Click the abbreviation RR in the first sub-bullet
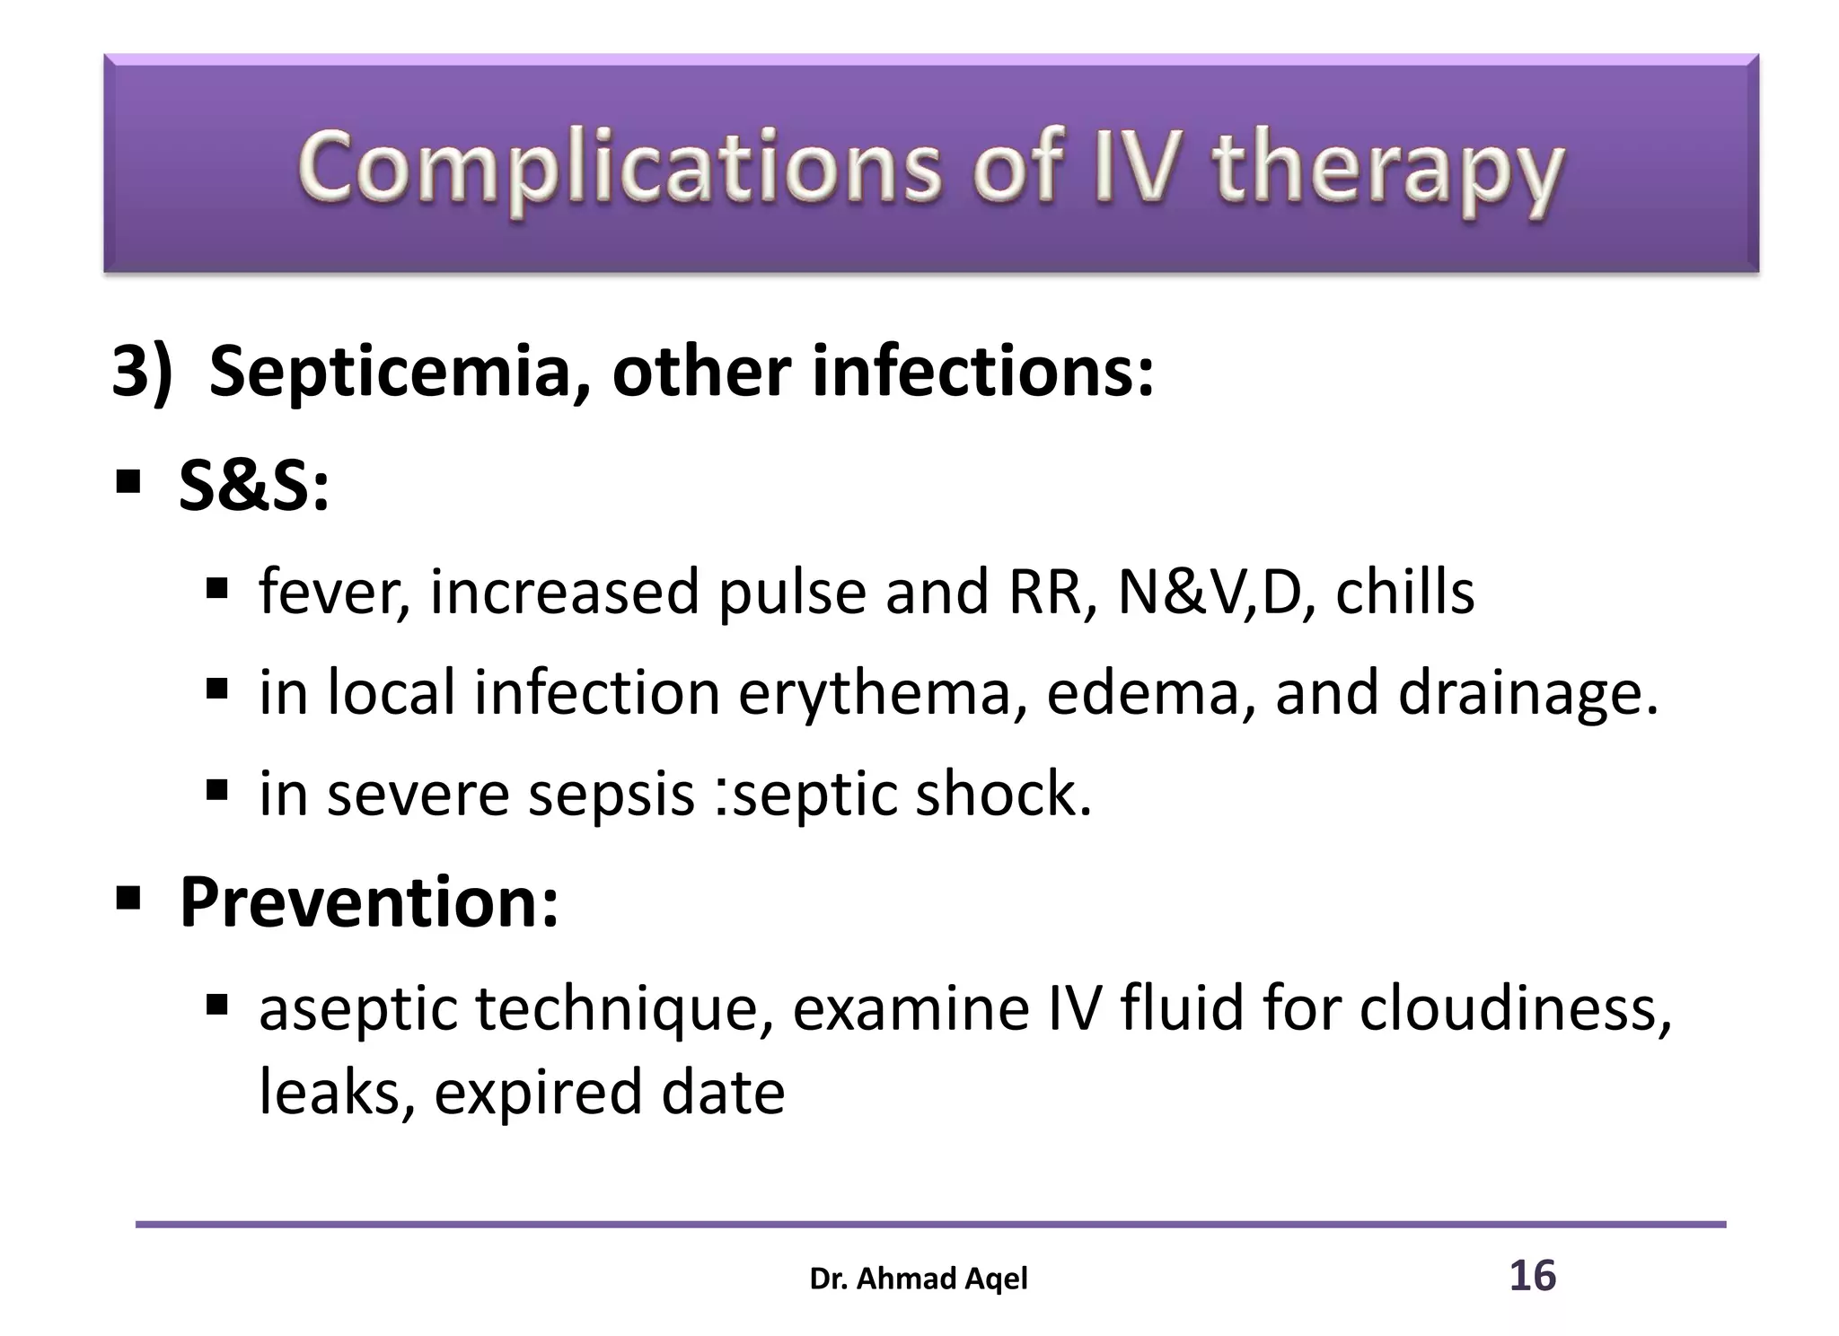click(x=1051, y=593)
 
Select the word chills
click(x=1404, y=593)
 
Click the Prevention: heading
click(x=369, y=901)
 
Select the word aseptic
click(x=357, y=1009)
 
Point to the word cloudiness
click(x=1515, y=1007)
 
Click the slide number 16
click(x=1532, y=1276)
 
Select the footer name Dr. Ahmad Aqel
click(x=919, y=1279)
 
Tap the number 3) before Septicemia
click(x=141, y=372)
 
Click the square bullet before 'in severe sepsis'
click(x=216, y=790)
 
